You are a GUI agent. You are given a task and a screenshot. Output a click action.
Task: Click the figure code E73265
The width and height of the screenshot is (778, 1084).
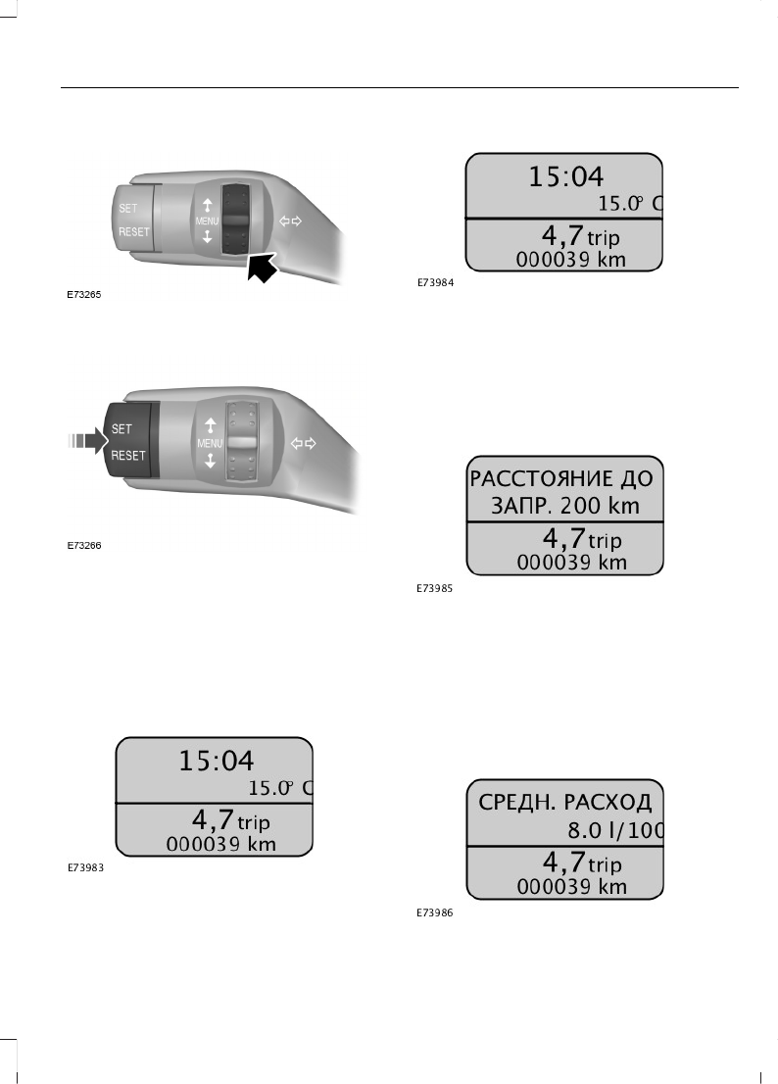[x=83, y=294]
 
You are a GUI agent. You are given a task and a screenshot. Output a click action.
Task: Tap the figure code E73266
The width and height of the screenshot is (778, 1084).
[x=83, y=546]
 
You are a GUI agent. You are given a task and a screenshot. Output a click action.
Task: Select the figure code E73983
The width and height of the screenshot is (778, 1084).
[x=85, y=867]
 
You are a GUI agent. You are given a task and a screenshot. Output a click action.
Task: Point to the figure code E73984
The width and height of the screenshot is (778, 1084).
[x=435, y=282]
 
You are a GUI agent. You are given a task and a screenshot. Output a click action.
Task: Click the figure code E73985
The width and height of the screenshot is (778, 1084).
[x=435, y=588]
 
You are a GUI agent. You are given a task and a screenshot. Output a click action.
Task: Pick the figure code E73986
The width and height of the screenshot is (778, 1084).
[x=435, y=912]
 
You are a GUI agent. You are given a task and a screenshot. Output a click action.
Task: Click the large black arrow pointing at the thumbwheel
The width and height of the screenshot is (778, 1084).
[x=262, y=268]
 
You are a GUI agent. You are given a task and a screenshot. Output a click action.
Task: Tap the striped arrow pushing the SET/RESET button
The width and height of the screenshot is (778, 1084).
[x=87, y=440]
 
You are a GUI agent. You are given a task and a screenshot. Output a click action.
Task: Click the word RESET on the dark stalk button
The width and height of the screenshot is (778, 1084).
[x=128, y=456]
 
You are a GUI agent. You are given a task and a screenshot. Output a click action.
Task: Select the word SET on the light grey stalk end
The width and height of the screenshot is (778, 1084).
[x=127, y=208]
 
